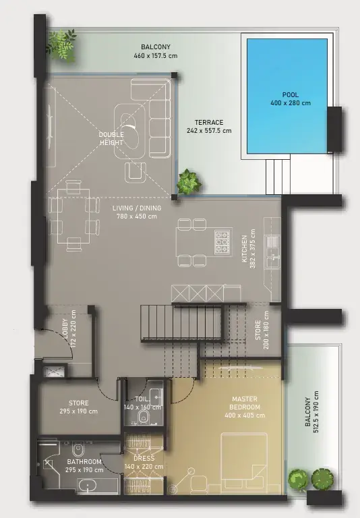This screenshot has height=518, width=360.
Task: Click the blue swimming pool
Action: [287, 96]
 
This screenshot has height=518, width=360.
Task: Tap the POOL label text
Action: [291, 95]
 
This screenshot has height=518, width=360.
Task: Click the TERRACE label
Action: [209, 122]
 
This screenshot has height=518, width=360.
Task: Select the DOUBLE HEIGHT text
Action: [111, 138]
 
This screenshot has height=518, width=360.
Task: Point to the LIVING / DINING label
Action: [137, 208]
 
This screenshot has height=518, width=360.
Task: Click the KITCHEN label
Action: [245, 248]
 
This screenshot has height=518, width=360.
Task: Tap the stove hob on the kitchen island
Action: [222, 242]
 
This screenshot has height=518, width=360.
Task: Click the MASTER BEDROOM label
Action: [245, 403]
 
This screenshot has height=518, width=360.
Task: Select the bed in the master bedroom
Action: [244, 463]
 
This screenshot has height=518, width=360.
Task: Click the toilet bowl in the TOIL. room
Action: [144, 418]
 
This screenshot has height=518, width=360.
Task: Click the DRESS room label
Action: [144, 459]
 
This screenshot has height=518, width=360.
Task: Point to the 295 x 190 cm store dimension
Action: [79, 411]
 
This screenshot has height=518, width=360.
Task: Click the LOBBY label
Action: [65, 328]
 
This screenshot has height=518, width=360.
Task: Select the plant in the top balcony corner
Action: [61, 45]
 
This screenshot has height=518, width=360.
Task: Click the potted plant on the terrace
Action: [189, 181]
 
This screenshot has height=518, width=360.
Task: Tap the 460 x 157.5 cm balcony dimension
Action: [156, 55]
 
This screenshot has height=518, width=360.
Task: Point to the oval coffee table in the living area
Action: [129, 131]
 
